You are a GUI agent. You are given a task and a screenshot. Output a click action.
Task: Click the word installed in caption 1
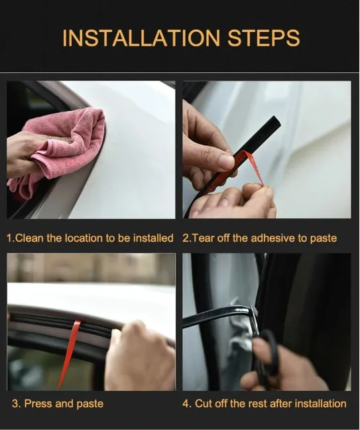click(x=154, y=238)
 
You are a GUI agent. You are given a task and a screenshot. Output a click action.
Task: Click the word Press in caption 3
click(x=38, y=403)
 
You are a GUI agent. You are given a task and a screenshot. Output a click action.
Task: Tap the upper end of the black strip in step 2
click(x=273, y=122)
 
